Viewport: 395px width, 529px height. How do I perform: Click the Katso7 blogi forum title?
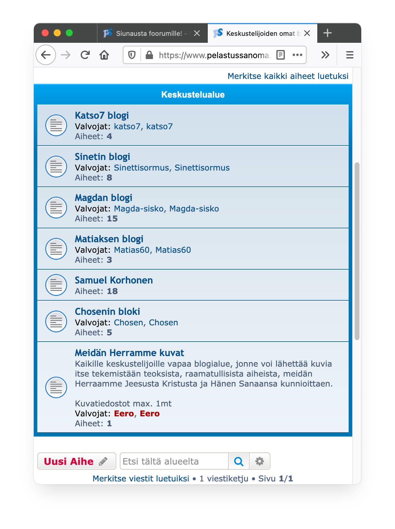click(x=102, y=116)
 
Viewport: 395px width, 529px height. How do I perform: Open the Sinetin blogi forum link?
click(x=102, y=157)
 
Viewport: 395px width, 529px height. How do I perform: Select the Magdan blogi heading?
click(x=104, y=198)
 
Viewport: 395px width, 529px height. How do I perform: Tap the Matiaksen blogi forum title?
click(x=109, y=239)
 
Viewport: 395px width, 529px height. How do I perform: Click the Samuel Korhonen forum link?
click(x=114, y=280)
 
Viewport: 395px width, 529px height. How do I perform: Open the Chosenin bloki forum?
click(x=107, y=312)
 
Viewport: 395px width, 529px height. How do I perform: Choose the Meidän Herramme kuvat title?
click(x=129, y=353)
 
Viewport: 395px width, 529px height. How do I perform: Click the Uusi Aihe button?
click(x=76, y=461)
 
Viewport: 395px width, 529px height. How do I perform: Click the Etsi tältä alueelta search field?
click(x=174, y=461)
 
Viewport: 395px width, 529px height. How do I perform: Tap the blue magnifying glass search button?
click(x=239, y=461)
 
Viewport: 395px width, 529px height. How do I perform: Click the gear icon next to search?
click(x=260, y=461)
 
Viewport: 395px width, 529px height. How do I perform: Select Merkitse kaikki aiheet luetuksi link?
click(x=288, y=76)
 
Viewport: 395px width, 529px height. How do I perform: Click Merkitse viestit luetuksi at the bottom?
click(x=141, y=479)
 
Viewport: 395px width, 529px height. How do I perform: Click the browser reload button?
click(x=85, y=55)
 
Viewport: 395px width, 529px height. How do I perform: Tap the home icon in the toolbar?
click(x=104, y=55)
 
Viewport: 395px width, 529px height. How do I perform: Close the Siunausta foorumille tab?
click(x=197, y=33)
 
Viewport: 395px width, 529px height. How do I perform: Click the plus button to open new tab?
click(x=328, y=33)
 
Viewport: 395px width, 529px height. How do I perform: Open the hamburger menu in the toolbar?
click(x=350, y=55)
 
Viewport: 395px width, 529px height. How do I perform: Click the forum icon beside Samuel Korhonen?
click(x=56, y=285)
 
